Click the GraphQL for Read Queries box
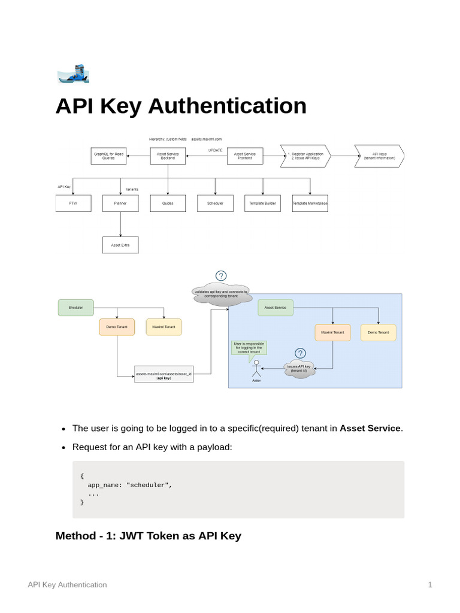pyautogui.click(x=108, y=156)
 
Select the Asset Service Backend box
pyautogui.click(x=168, y=156)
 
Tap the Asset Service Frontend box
pyautogui.click(x=244, y=156)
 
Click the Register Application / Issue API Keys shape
pyautogui.click(x=305, y=156)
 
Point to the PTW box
pyautogui.click(x=73, y=204)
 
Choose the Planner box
pyautogui.click(x=120, y=204)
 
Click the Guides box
pyautogui.click(x=168, y=204)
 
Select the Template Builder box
pyautogui.click(x=262, y=204)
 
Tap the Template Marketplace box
pyautogui.click(x=310, y=204)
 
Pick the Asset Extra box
pyautogui.click(x=120, y=245)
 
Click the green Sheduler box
pyautogui.click(x=76, y=308)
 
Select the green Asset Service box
pyautogui.click(x=276, y=308)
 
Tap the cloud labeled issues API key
pyautogui.click(x=299, y=369)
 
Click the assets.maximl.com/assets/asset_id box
pyautogui.click(x=164, y=376)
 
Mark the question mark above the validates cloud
pyautogui.click(x=221, y=276)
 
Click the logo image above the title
pyautogui.click(x=73, y=74)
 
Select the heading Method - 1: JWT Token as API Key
pyautogui.click(x=148, y=536)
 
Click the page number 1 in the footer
pyautogui.click(x=430, y=585)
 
